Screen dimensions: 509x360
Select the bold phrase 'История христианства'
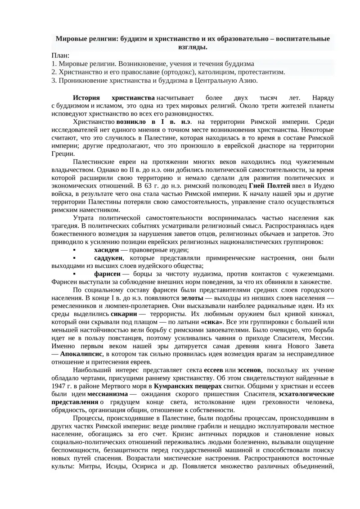(114, 98)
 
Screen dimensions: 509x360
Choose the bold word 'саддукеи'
(108, 258)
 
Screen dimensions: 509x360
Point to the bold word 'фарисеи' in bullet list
(107, 274)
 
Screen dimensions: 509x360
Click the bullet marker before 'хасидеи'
(75, 250)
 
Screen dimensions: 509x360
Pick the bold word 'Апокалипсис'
(79, 354)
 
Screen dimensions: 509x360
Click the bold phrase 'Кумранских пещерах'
(188, 386)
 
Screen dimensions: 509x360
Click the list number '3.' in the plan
(54, 80)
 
